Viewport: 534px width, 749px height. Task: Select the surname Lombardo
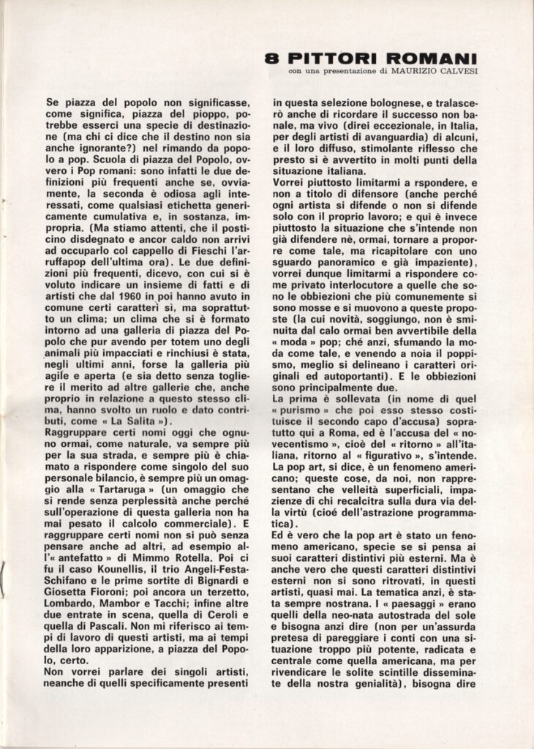coord(70,629)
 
